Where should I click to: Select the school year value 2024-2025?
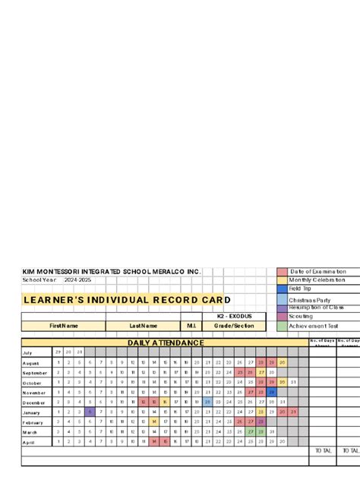[x=80, y=280]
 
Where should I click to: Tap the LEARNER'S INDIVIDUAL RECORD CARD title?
[x=126, y=299]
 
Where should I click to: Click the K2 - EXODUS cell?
[x=234, y=315]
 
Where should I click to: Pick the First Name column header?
[x=64, y=326]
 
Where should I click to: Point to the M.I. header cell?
[x=191, y=326]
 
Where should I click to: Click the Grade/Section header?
[x=234, y=326]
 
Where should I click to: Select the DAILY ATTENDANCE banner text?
[x=165, y=343]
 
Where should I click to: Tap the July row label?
[x=27, y=352]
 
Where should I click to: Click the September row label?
[x=35, y=373]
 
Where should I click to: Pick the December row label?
[x=34, y=403]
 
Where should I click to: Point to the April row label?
[x=28, y=441]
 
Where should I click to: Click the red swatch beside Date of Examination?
[x=282, y=272]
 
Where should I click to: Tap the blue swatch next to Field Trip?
[x=282, y=289]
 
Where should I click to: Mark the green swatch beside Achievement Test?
[x=282, y=326]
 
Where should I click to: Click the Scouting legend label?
[x=301, y=316]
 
